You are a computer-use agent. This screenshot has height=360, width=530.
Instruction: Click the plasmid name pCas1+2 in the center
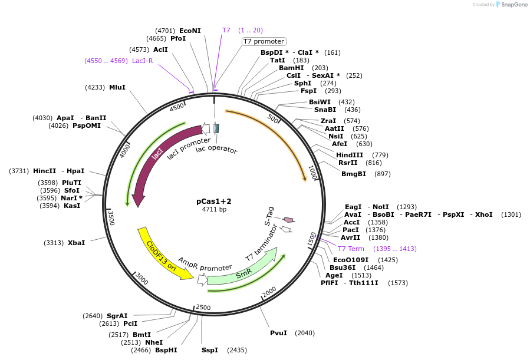[214, 201]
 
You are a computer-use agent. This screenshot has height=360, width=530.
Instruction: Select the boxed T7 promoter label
[264, 41]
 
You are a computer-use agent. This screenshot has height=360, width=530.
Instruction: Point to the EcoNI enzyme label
[190, 31]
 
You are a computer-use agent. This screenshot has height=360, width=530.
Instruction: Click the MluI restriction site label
[117, 87]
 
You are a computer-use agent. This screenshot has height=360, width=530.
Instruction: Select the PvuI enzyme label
[278, 333]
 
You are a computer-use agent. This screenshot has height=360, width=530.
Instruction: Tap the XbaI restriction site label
[77, 243]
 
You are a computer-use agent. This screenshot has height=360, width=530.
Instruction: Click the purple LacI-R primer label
[142, 61]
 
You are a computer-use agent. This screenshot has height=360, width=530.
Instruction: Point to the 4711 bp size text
[214, 209]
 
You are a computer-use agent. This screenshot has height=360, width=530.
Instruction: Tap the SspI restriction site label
[209, 350]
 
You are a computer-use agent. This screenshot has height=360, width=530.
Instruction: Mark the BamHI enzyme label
[291, 68]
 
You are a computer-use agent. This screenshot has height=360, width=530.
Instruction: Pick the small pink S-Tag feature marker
[288, 220]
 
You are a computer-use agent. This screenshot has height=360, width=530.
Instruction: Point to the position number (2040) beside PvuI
[304, 333]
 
